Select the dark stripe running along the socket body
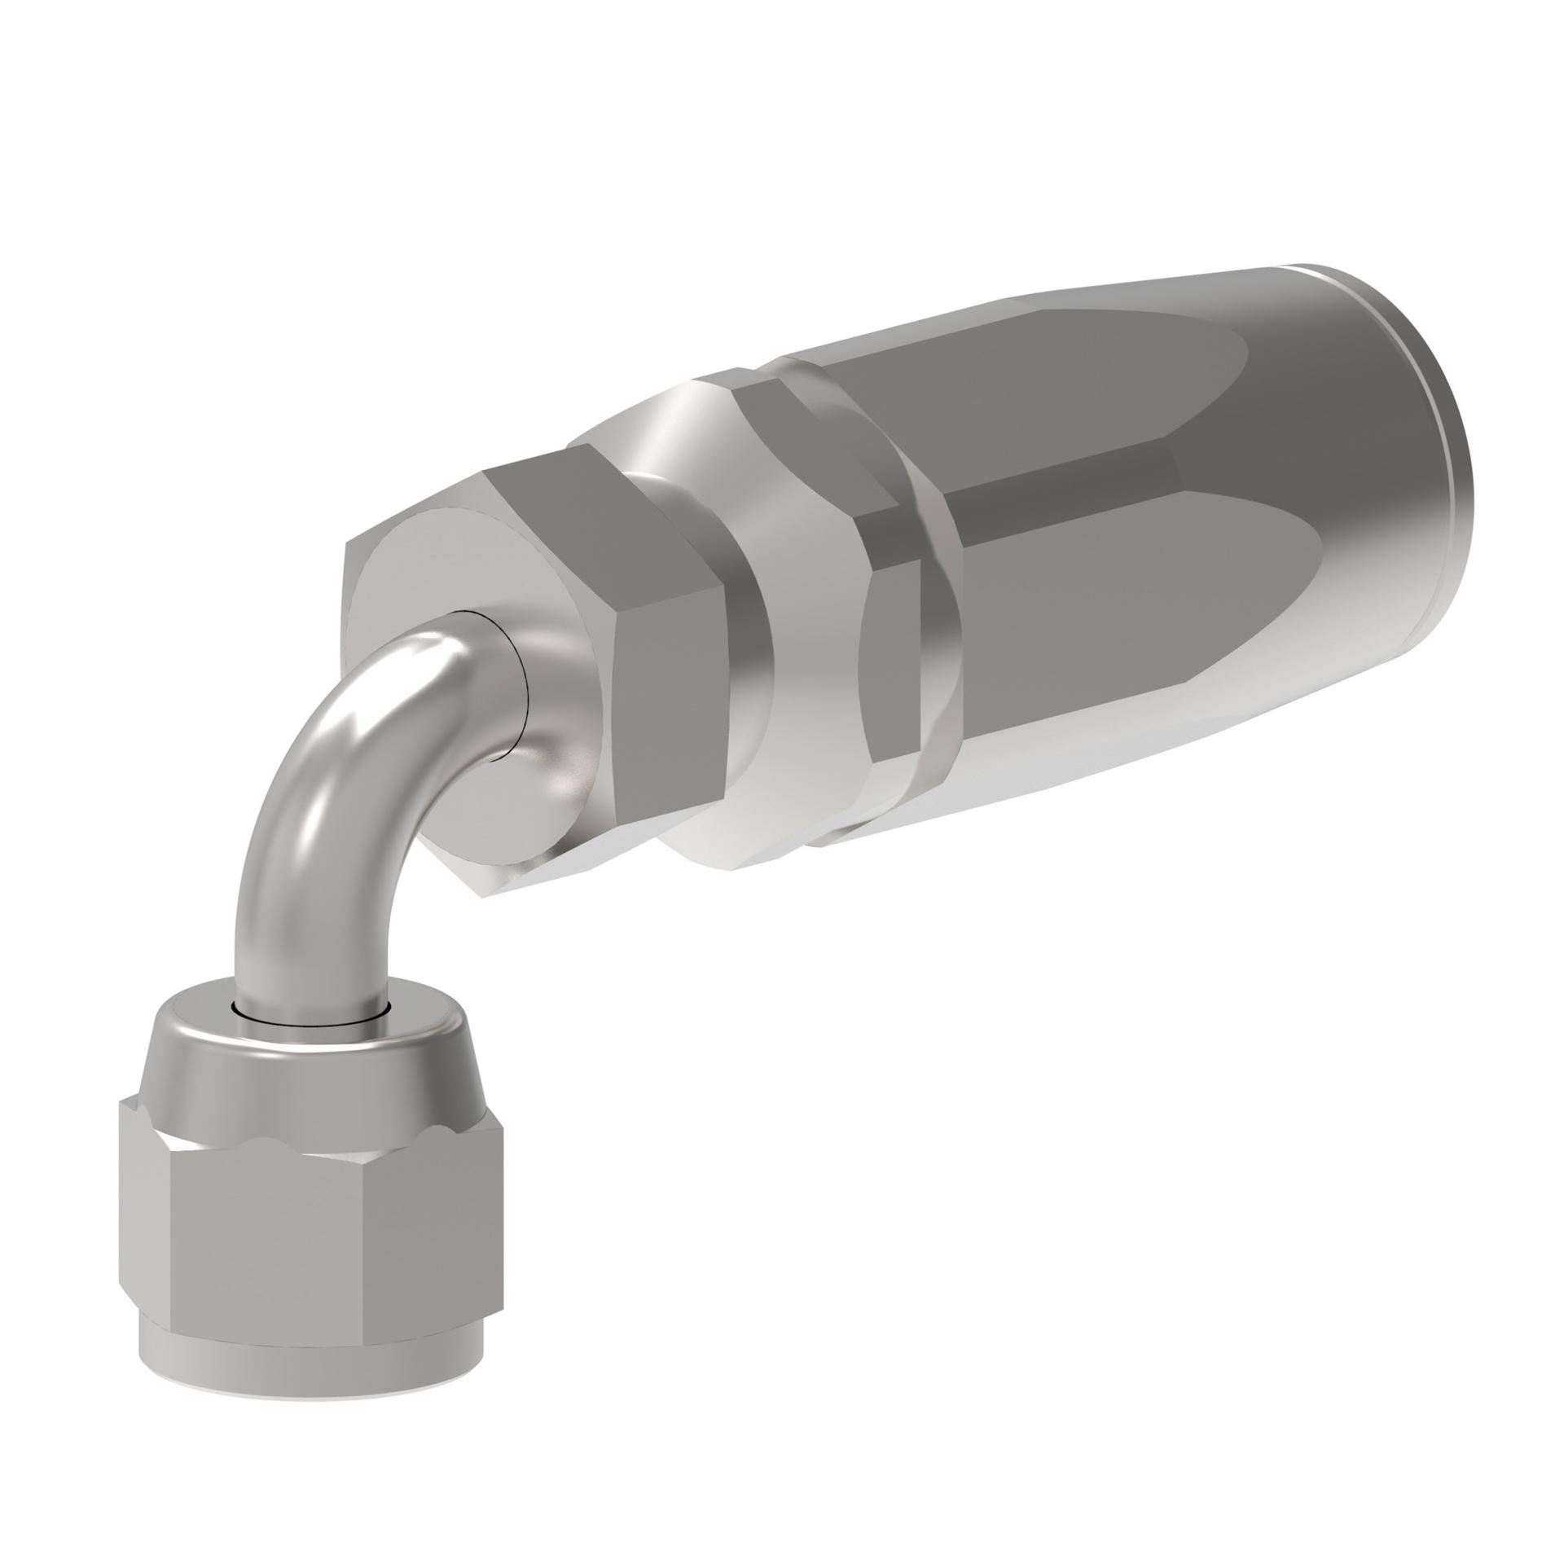pos(1059,489)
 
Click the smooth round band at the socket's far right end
pos(1385,489)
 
